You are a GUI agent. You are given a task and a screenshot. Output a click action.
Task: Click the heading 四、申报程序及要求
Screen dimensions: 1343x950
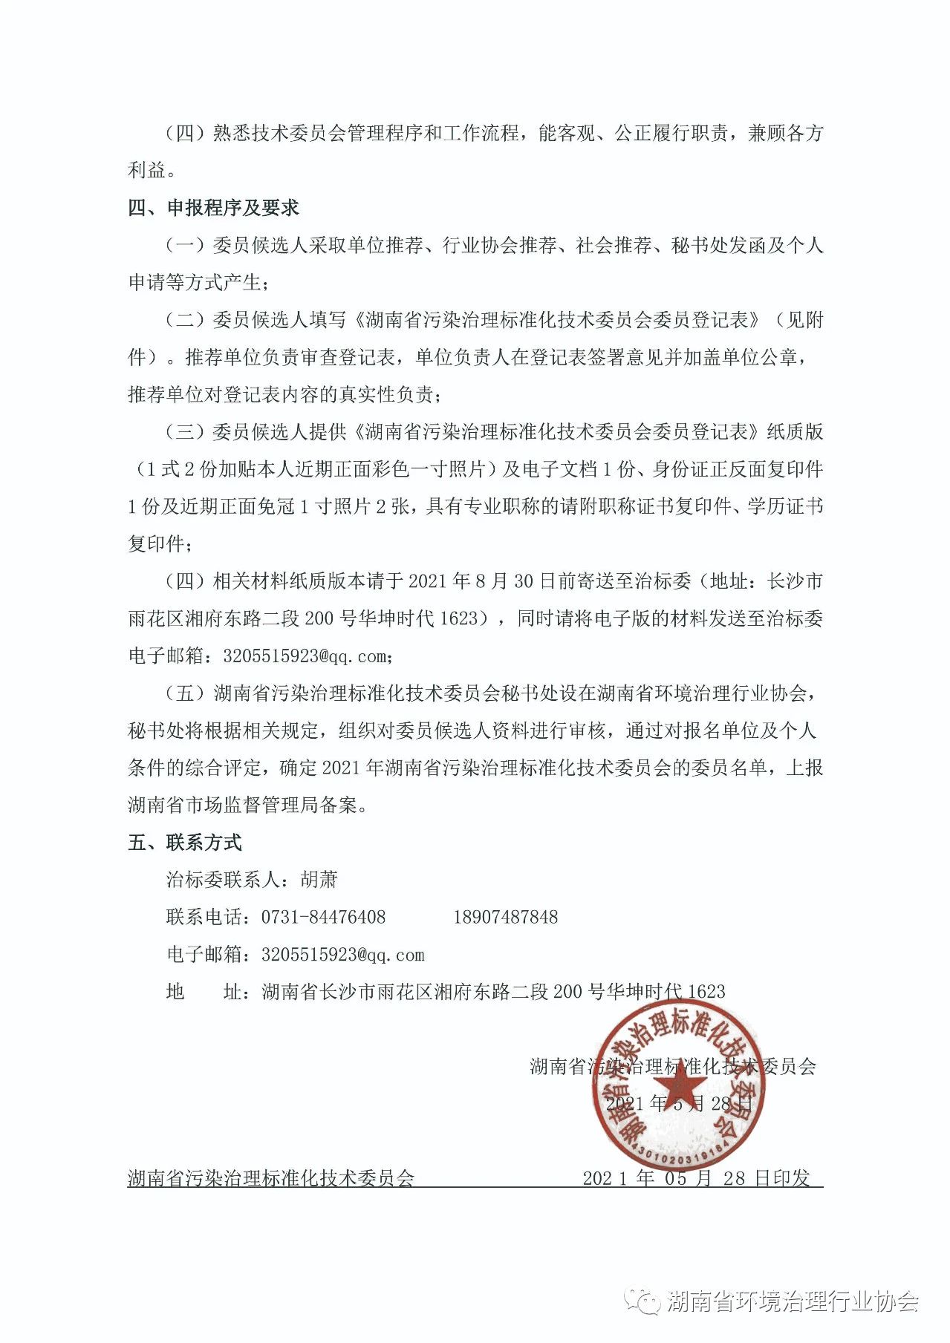(213, 208)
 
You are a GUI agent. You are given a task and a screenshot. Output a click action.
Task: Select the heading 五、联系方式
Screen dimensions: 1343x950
(185, 843)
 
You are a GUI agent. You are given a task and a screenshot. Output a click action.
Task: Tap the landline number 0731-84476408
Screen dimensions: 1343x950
(323, 918)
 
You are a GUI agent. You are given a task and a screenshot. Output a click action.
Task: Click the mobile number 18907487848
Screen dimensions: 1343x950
(505, 918)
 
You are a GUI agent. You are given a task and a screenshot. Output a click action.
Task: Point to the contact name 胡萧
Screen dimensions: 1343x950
(319, 880)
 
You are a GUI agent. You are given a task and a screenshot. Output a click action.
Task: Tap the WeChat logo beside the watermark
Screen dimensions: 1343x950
(642, 1300)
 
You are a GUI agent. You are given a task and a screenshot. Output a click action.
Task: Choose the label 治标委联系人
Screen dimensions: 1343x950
(223, 880)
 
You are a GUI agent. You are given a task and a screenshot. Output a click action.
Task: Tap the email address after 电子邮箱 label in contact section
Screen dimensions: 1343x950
(342, 955)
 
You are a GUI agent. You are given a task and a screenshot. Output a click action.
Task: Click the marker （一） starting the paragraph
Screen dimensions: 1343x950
(184, 245)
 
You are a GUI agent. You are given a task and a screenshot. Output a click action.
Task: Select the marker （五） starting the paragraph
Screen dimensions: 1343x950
(184, 693)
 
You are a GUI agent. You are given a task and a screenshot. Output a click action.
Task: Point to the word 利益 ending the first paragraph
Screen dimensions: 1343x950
(146, 170)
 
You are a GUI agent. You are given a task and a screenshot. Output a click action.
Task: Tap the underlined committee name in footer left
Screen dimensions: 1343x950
(271, 1178)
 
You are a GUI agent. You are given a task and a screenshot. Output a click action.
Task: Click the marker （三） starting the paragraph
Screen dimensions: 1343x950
(184, 431)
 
